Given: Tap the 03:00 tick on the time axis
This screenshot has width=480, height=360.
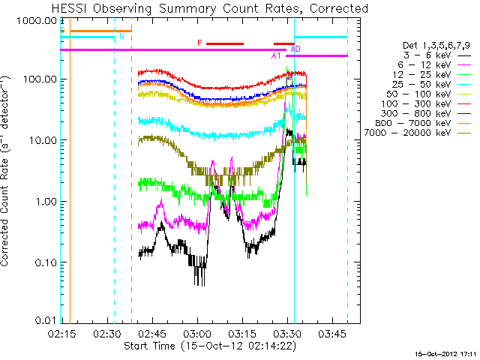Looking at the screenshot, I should coord(197,333).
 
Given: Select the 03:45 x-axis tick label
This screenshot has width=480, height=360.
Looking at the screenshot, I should coord(332,333).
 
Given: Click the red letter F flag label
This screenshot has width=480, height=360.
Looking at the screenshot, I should coord(199,43).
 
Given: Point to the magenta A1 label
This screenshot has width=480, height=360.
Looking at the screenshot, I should coord(276,55).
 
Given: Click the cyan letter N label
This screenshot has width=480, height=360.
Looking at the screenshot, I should coord(121,36).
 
